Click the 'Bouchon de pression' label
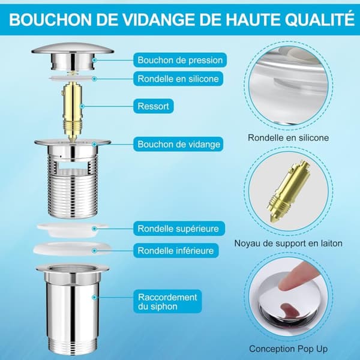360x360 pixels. point(180,60)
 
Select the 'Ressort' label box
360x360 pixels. point(154,106)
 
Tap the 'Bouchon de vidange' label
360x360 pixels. point(178,144)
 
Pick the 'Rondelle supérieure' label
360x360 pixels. point(179,229)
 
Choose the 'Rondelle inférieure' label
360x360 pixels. point(176,250)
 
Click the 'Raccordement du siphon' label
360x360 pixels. point(167,301)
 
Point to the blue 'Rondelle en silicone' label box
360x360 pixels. point(178,79)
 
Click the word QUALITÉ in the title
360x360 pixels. point(320,20)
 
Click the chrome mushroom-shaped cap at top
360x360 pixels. point(73,57)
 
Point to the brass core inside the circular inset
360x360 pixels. point(289,191)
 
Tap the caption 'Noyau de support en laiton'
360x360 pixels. point(289,243)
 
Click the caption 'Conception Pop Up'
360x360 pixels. point(289,349)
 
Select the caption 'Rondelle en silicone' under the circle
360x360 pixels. point(289,138)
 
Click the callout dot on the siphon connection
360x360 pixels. point(94,298)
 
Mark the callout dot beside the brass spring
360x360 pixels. point(82,106)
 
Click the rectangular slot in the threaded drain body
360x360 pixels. point(73,165)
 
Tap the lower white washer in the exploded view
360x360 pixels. point(73,249)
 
